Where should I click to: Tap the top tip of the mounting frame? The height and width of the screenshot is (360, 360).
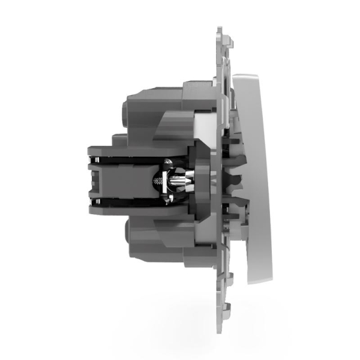[220, 28]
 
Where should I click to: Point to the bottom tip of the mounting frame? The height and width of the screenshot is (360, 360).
[220, 332]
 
